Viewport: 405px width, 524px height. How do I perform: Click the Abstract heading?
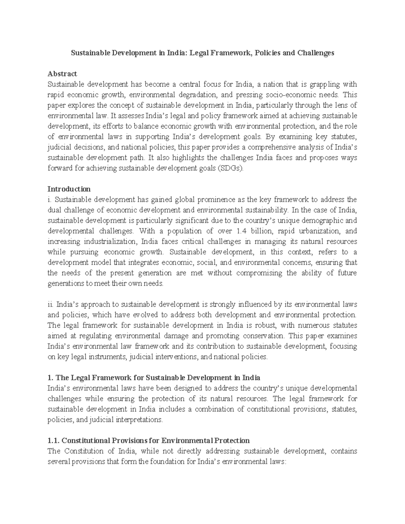click(x=62, y=74)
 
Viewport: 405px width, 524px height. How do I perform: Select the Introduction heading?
click(x=69, y=189)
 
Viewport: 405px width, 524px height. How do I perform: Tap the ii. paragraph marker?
click(x=50, y=304)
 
